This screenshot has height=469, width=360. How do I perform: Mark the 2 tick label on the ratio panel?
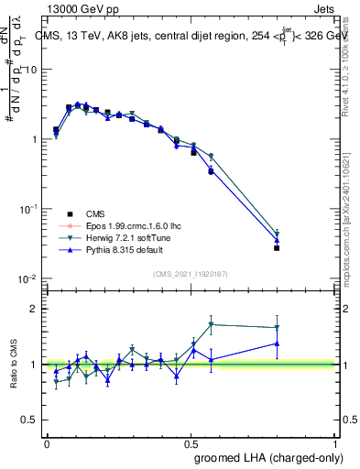(32, 309)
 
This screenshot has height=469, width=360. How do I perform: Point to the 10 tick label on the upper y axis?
(29, 70)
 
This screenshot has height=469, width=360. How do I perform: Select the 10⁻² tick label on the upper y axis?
(27, 278)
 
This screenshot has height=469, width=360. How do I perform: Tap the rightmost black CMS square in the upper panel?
(277, 248)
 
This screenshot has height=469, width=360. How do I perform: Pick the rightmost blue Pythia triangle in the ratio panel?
(277, 344)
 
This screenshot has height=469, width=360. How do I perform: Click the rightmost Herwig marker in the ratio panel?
(277, 327)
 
